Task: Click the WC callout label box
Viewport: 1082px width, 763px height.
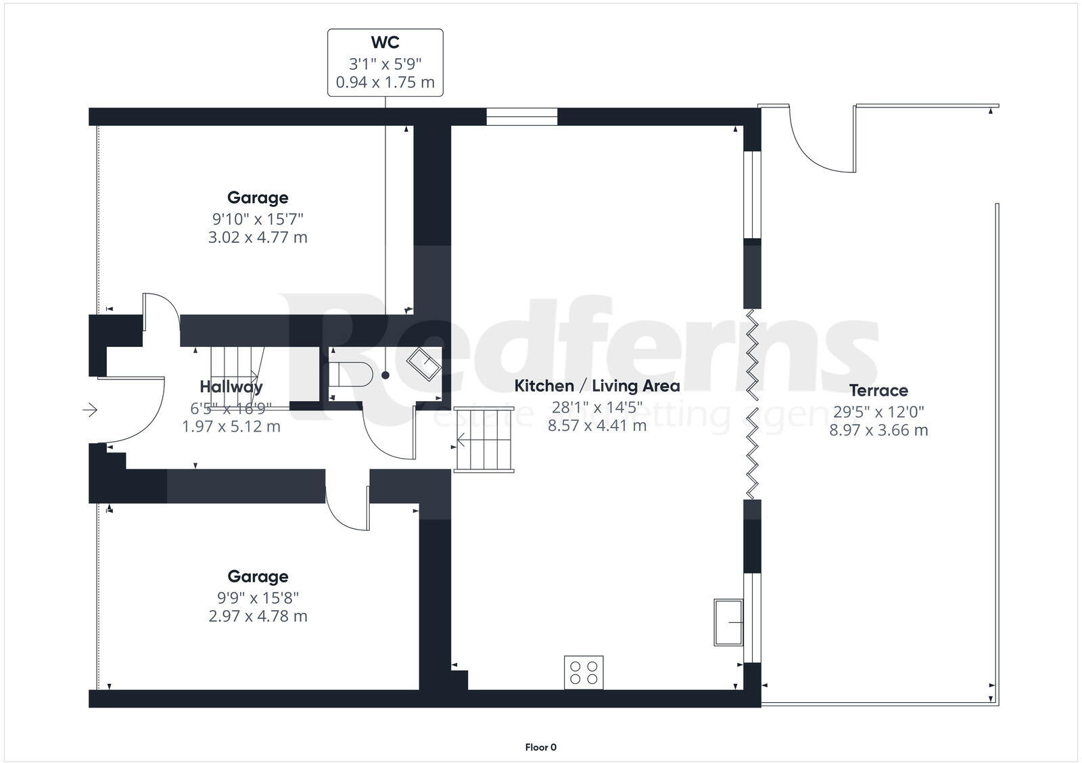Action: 385,63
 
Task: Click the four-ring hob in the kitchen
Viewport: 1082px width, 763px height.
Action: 584,672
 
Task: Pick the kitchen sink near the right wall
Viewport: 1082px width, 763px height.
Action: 728,622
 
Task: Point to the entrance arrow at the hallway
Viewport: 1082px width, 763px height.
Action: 90,410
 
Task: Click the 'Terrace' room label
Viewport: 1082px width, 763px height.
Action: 878,390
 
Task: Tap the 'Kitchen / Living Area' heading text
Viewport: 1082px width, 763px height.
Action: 596,386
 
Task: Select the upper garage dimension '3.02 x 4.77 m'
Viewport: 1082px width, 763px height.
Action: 258,237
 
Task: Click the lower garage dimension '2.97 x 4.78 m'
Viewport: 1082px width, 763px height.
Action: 258,616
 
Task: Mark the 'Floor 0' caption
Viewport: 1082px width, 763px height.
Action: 540,747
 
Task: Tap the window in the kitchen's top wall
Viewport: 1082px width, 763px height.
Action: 521,117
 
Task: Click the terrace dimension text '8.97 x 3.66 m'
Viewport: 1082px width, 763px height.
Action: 878,430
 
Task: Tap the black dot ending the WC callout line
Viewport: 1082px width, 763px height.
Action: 385,375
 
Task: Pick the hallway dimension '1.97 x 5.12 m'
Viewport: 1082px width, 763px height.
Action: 231,427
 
